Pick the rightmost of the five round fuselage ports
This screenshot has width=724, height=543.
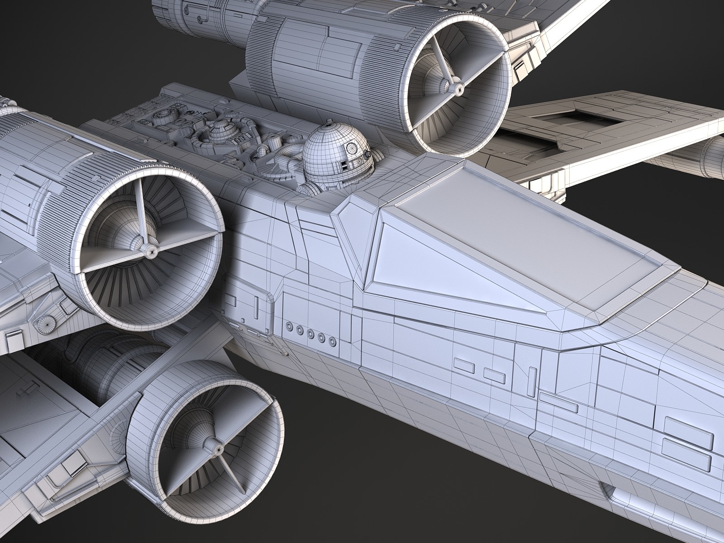[333, 340]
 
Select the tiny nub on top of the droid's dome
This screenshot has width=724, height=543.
[331, 121]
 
